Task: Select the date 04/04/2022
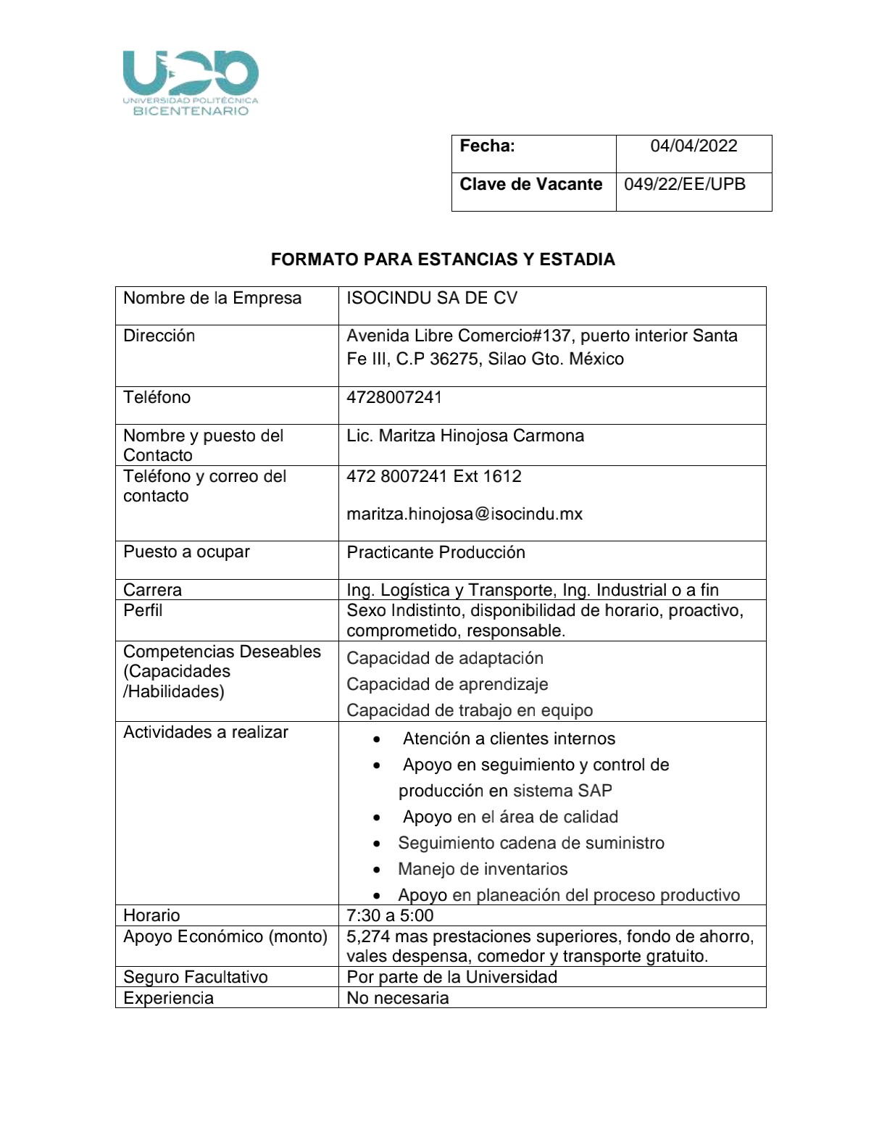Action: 694,146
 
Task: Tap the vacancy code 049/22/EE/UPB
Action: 685,184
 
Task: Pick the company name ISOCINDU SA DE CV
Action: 432,298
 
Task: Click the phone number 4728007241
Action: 394,397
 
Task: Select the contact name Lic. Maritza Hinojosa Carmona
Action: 465,436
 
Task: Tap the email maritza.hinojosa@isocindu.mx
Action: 465,514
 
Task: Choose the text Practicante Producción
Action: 436,552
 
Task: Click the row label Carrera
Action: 152,590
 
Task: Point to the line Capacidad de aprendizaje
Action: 447,684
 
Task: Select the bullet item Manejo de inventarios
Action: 483,869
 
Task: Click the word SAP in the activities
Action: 595,791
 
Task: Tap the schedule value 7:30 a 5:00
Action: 390,915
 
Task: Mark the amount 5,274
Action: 368,936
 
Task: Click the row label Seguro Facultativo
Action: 196,977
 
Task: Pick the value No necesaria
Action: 398,998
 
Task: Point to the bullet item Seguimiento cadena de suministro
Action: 531,843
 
